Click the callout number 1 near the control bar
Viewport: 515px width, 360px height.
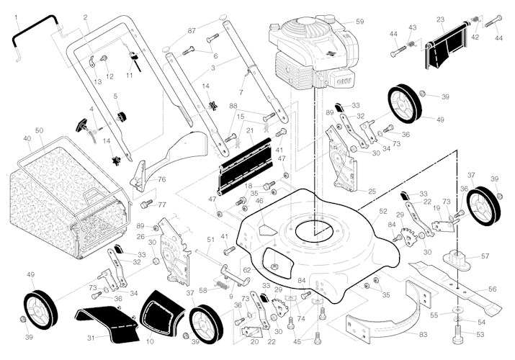click(x=17, y=17)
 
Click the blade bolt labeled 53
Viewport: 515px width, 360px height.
click(x=459, y=333)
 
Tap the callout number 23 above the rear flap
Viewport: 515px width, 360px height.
click(x=441, y=19)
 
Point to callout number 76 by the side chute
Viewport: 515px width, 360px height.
click(x=162, y=179)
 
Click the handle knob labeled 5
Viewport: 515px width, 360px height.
click(x=120, y=114)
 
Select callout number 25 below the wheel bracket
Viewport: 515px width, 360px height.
click(x=372, y=192)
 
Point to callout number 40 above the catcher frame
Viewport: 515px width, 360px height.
click(x=27, y=138)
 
